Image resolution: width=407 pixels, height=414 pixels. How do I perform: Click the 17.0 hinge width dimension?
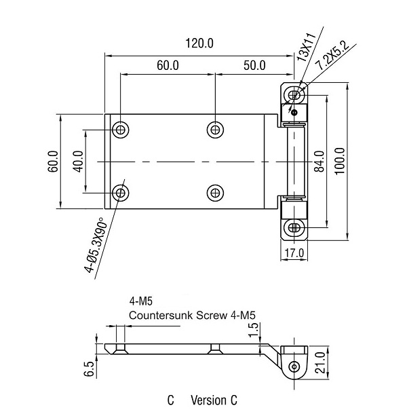[x=294, y=254]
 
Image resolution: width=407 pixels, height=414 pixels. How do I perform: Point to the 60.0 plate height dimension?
[x=53, y=162]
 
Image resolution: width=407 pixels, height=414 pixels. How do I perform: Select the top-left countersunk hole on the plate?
[x=121, y=129]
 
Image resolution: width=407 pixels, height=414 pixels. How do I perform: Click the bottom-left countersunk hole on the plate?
[x=121, y=193]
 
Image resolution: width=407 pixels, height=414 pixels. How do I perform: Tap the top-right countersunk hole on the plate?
[x=215, y=129]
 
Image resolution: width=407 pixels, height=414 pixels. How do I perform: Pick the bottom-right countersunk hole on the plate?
[x=215, y=193]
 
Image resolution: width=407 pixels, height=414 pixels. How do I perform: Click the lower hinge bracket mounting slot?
[x=294, y=228]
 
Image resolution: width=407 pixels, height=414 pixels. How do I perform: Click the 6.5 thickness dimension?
[x=88, y=369]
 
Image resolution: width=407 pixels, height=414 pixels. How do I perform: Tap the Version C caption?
[x=214, y=400]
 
